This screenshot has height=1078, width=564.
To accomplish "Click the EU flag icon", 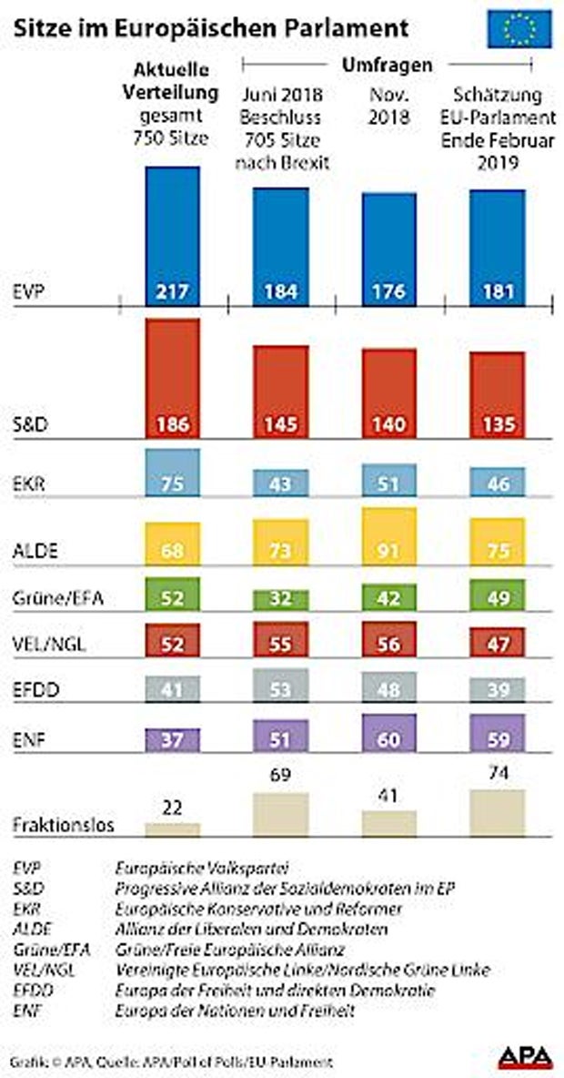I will point(519,28).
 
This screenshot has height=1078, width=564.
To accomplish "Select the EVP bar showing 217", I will point(173,236).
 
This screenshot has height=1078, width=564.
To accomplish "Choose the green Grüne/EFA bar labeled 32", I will point(280,597).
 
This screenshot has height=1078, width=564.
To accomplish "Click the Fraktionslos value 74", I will point(497,777).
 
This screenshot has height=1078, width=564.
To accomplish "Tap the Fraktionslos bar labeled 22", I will point(173,829).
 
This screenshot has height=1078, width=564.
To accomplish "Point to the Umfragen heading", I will point(386,66).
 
